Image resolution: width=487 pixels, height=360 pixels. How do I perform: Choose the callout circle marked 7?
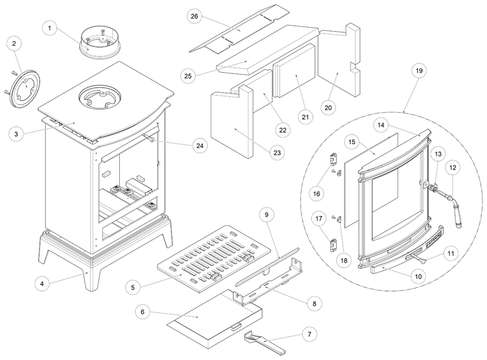coord(311,334)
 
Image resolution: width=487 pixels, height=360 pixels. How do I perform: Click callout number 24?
coord(202,146)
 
